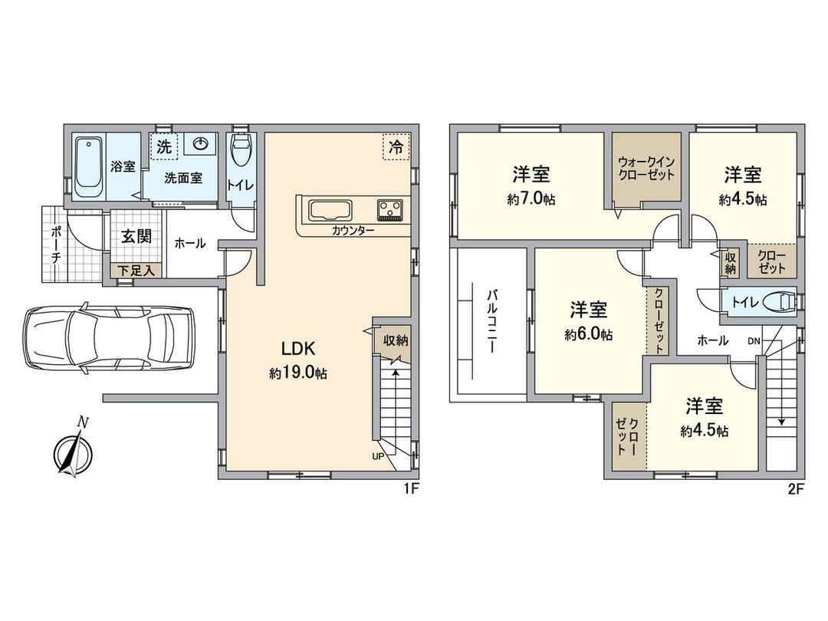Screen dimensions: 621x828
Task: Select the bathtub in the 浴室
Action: coord(89,165)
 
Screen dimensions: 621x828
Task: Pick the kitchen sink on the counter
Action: coord(330,209)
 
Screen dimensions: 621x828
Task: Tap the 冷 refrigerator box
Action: coord(396,147)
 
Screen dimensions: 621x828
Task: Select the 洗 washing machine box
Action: coord(164,146)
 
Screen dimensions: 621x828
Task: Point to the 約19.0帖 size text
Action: coord(298,373)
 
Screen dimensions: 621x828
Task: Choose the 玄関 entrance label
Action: coord(136,235)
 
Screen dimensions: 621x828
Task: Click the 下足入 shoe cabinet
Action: coord(136,270)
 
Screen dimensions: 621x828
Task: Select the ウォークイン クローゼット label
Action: coord(646,169)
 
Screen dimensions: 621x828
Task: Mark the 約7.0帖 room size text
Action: coord(531,199)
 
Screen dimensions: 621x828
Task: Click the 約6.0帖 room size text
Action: coord(589,334)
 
